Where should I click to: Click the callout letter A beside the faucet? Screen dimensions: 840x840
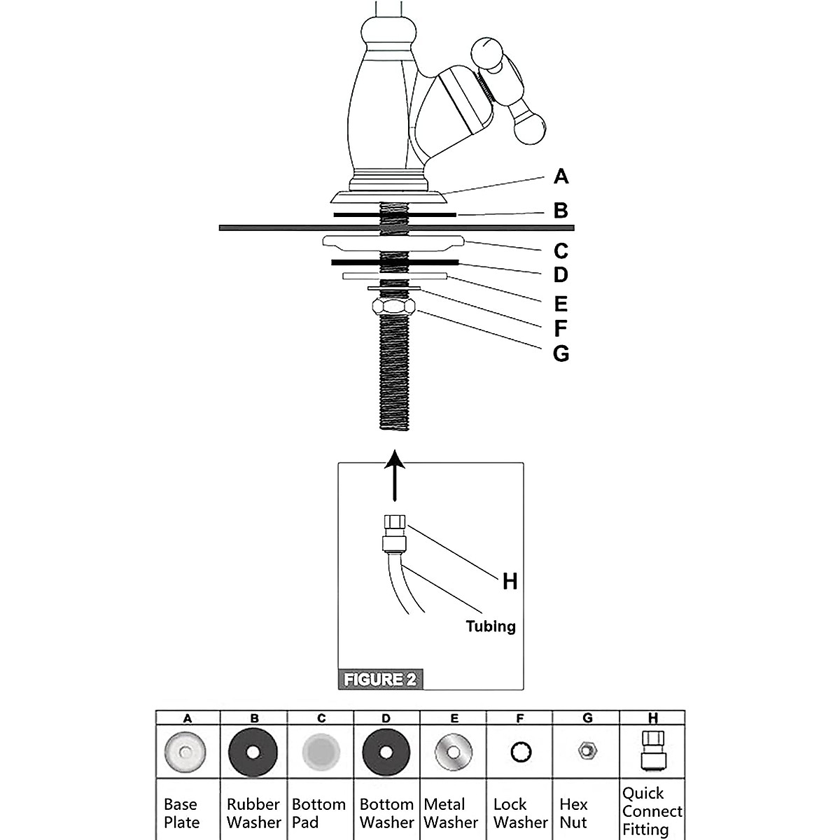[x=560, y=176]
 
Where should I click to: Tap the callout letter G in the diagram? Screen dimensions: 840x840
[x=561, y=353]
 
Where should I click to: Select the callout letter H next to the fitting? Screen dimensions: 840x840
[x=510, y=581]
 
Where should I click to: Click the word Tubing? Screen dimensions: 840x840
[x=491, y=626]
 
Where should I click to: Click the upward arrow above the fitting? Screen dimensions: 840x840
[x=395, y=476]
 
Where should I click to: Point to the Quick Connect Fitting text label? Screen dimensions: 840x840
[x=652, y=811]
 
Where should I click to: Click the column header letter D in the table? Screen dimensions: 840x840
[x=386, y=717]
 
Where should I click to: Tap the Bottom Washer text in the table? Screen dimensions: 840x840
[x=386, y=813]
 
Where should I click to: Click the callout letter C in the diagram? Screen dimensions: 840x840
[x=560, y=251]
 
